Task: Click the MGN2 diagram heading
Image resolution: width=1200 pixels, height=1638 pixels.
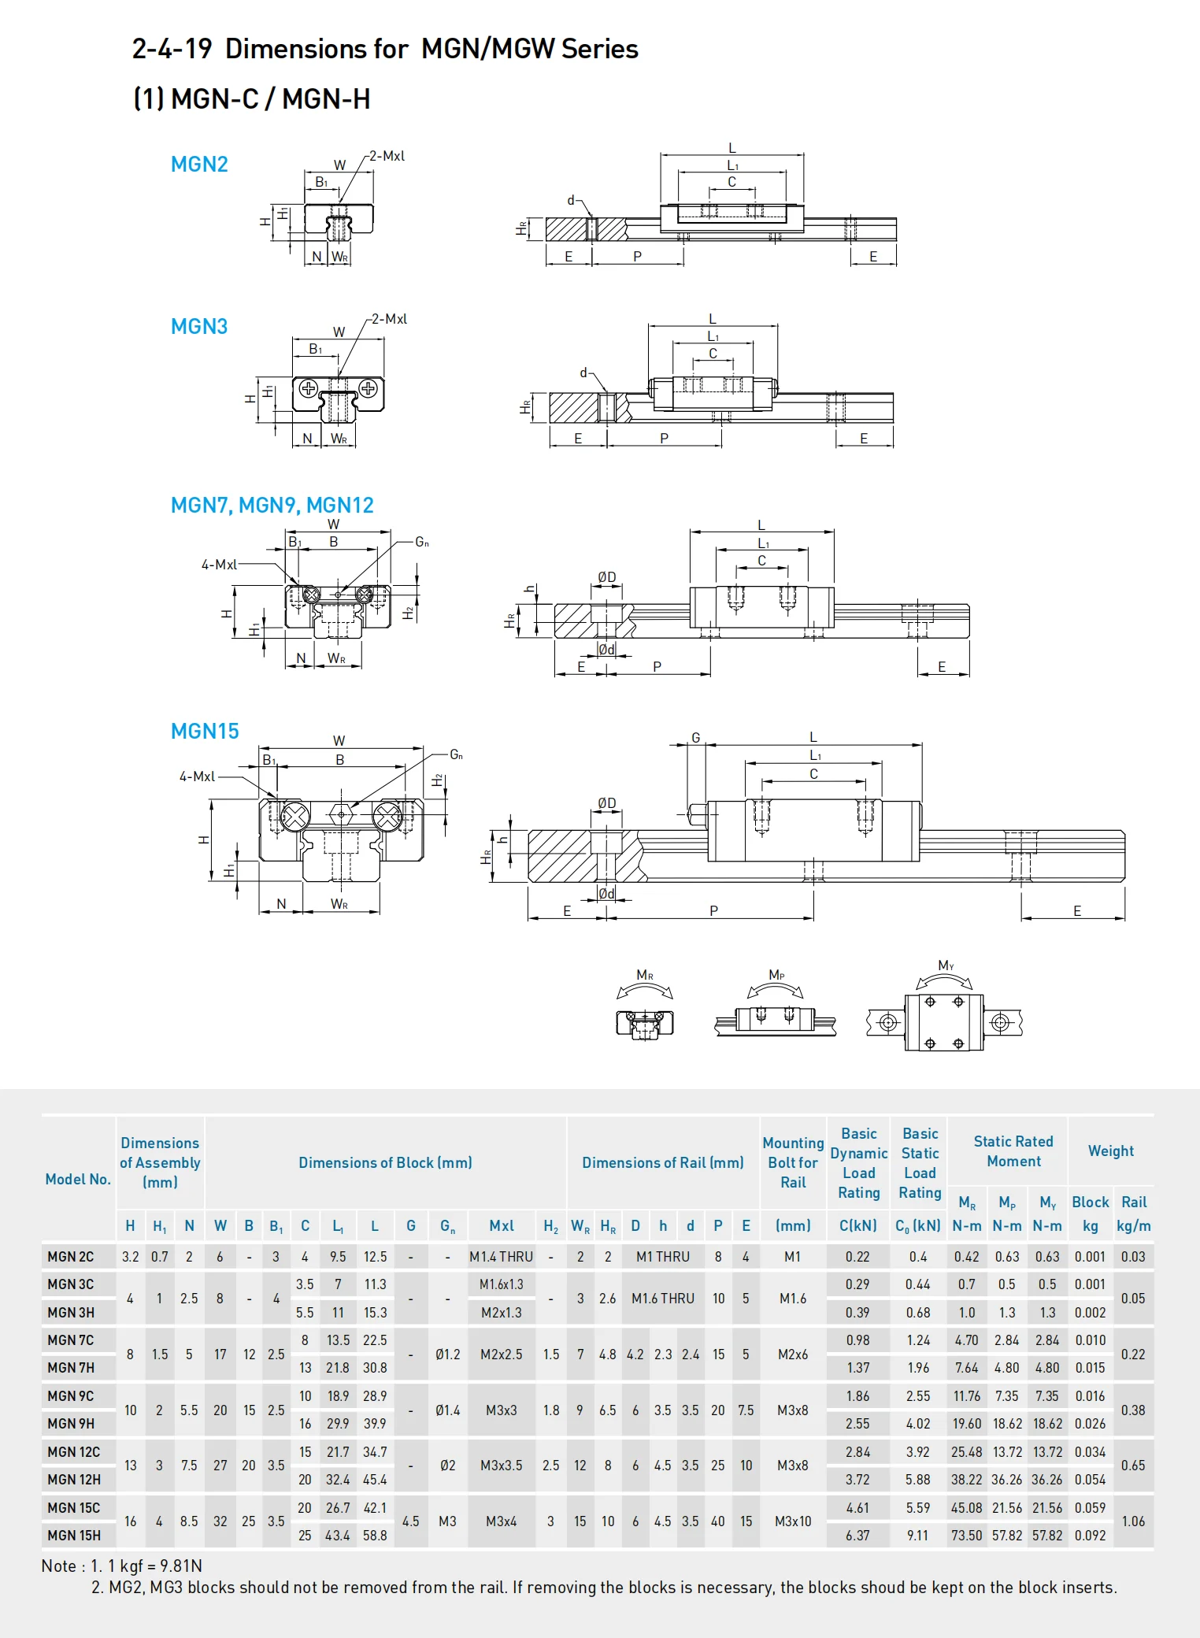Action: click(199, 165)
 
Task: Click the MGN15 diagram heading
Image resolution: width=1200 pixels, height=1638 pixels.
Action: click(205, 732)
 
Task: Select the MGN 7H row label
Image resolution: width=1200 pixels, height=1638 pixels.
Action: click(71, 1368)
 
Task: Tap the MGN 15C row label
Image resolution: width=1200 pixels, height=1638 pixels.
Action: click(73, 1507)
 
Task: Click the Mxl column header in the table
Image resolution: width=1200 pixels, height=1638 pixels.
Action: click(502, 1226)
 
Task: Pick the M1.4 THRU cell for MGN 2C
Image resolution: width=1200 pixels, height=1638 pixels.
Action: click(501, 1257)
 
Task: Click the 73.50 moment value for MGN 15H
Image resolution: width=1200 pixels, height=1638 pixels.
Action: click(966, 1536)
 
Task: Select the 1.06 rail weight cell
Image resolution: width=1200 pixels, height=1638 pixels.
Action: click(1133, 1521)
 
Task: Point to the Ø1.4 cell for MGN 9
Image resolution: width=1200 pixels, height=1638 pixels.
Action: click(447, 1410)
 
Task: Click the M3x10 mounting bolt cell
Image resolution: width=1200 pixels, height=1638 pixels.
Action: click(793, 1521)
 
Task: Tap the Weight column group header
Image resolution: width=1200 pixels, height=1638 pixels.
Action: click(1111, 1151)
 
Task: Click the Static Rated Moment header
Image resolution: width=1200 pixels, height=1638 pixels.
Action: click(1013, 1151)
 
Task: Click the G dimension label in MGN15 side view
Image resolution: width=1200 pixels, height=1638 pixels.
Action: click(695, 738)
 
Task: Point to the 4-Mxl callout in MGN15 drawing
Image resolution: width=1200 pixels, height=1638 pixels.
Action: click(197, 776)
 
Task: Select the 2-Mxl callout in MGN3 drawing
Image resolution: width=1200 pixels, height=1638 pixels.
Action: click(389, 319)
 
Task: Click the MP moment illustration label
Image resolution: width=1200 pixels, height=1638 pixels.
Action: click(776, 975)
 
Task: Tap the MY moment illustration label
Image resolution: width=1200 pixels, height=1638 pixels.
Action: click(946, 965)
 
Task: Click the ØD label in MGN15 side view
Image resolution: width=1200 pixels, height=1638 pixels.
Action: click(606, 803)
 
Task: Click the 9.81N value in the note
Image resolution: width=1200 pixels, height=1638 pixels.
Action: click(182, 1566)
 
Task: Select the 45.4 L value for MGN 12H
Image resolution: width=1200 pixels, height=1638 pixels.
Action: click(375, 1480)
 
